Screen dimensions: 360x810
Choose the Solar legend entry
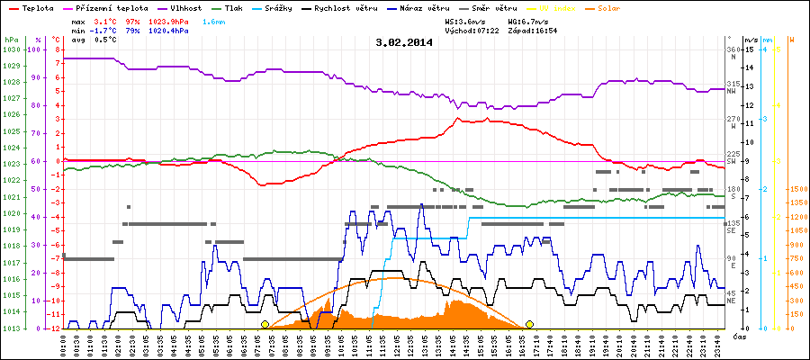622,8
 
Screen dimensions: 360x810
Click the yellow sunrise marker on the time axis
265,324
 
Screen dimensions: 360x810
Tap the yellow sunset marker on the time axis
530,324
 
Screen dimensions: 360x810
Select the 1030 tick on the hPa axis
11,49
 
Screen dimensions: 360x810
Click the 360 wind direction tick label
733,49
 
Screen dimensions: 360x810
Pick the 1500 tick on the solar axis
797,189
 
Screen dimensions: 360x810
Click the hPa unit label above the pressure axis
11,40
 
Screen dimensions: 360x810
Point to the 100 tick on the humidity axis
35,49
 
